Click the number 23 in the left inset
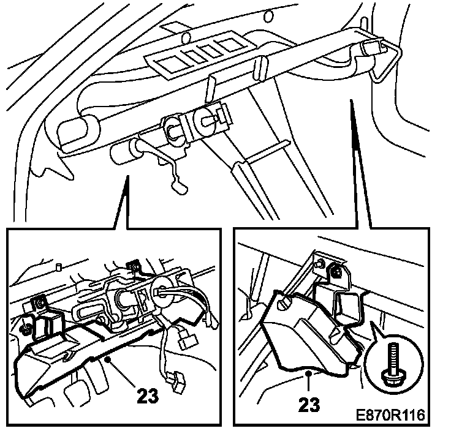(x=145, y=395)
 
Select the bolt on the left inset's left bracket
(x=39, y=301)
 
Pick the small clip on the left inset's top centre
(x=131, y=264)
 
